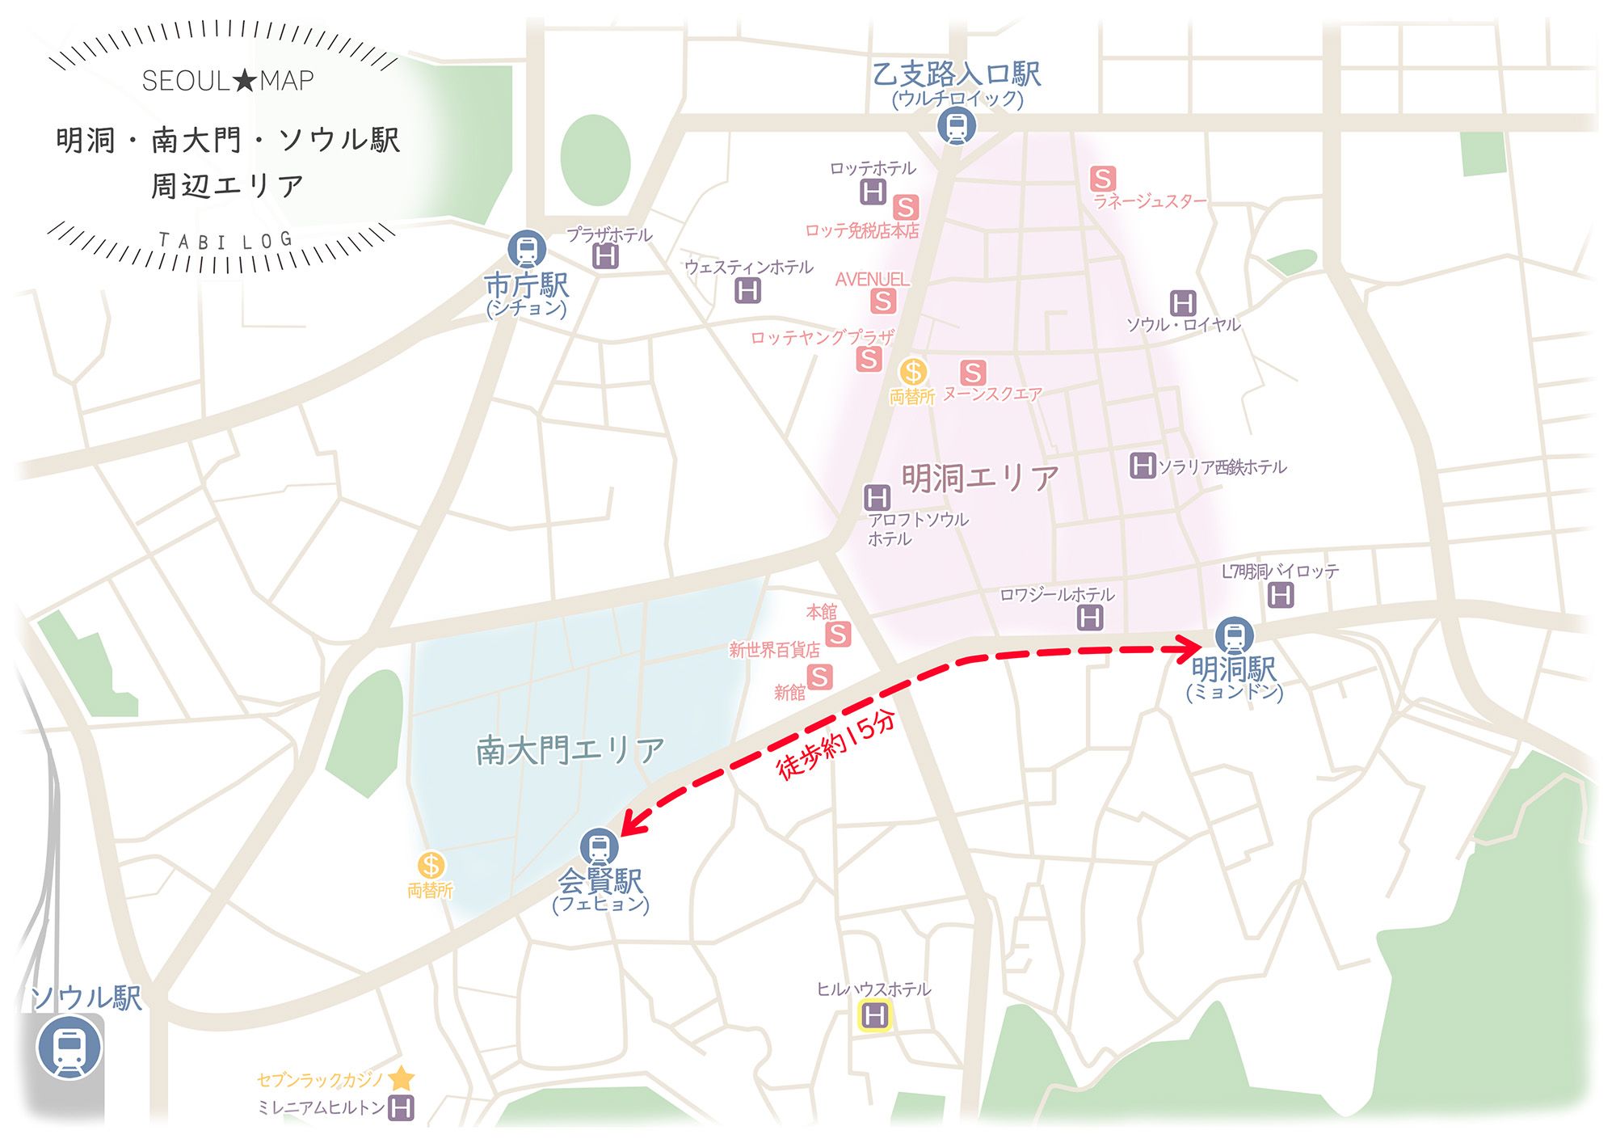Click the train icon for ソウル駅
pos(69,1048)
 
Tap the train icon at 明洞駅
pos(1234,635)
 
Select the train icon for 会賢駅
pos(600,848)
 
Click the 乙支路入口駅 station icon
pos(957,126)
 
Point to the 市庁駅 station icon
pos(527,249)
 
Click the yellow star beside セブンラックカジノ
pos(402,1078)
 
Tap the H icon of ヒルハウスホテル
pos(874,1015)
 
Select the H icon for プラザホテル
pos(605,257)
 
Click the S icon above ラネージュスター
pos(1103,178)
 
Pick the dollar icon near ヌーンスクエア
pos(913,372)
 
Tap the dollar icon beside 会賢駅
pos(431,866)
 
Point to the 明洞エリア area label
pos(980,478)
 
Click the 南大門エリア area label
pos(570,751)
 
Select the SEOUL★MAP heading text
pos(228,81)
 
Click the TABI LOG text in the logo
pos(225,241)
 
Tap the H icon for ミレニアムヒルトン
pos(402,1107)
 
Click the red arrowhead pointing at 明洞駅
pos(1189,647)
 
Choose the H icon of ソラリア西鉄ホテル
pos(1142,466)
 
